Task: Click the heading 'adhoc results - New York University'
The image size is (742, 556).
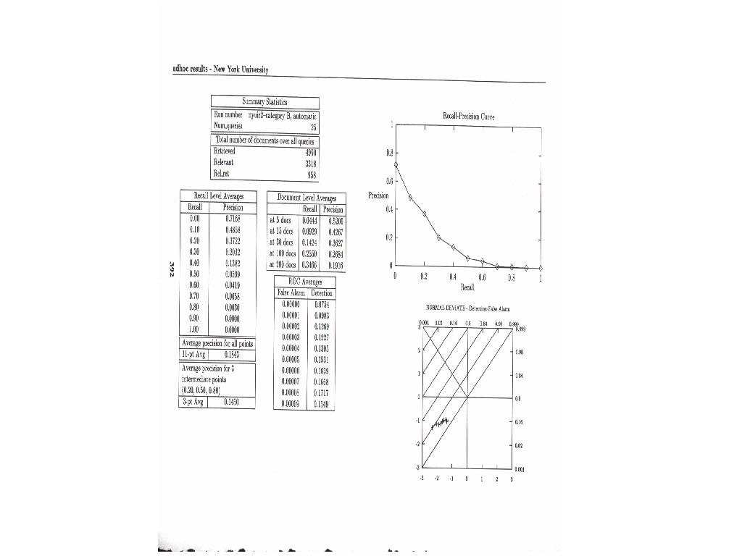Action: (x=220, y=69)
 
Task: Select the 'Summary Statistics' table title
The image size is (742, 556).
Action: (x=264, y=102)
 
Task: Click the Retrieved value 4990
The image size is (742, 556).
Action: (x=310, y=153)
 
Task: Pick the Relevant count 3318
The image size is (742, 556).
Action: (x=310, y=164)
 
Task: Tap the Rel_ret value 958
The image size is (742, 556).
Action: (x=312, y=174)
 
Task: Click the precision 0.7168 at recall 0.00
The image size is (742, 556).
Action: (x=233, y=217)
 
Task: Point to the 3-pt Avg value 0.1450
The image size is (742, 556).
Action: (x=232, y=400)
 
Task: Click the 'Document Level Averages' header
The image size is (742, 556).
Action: (x=307, y=197)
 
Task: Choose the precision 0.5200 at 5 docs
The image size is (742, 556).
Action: (x=335, y=220)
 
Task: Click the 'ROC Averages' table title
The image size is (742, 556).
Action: (x=305, y=282)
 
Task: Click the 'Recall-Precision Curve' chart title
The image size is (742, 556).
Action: (x=468, y=116)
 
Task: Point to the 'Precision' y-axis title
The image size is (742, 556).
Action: (x=378, y=195)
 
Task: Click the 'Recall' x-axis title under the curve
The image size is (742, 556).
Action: (x=467, y=287)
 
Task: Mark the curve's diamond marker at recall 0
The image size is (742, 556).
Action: (x=396, y=165)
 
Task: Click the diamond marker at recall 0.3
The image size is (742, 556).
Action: (x=439, y=237)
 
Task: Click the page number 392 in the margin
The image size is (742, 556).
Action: (x=172, y=269)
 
